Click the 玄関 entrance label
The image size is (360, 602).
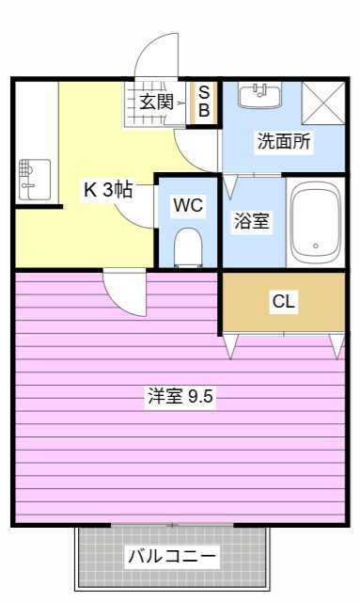pyautogui.click(x=156, y=102)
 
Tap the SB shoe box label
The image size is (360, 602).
pyautogui.click(x=204, y=101)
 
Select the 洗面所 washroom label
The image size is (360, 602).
pyautogui.click(x=284, y=143)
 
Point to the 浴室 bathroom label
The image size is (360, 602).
pyautogui.click(x=251, y=222)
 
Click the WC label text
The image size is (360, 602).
pyautogui.click(x=186, y=204)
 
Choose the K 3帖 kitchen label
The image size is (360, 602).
pyautogui.click(x=107, y=190)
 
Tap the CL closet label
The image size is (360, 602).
pyautogui.click(x=283, y=302)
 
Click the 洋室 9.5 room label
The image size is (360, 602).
pyautogui.click(x=180, y=396)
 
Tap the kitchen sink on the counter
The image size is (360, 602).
pyautogui.click(x=32, y=179)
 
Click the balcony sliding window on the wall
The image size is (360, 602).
pyautogui.click(x=171, y=524)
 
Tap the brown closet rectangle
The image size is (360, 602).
pyautogui.click(x=283, y=302)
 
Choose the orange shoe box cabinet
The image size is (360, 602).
pyautogui.click(x=204, y=101)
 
